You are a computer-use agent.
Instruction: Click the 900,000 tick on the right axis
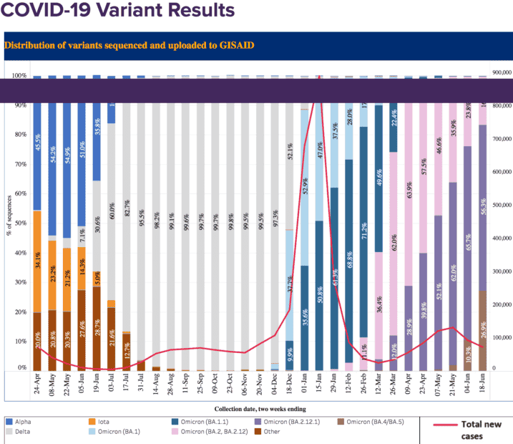click(x=503, y=73)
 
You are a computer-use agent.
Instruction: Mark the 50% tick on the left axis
click(x=20, y=223)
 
